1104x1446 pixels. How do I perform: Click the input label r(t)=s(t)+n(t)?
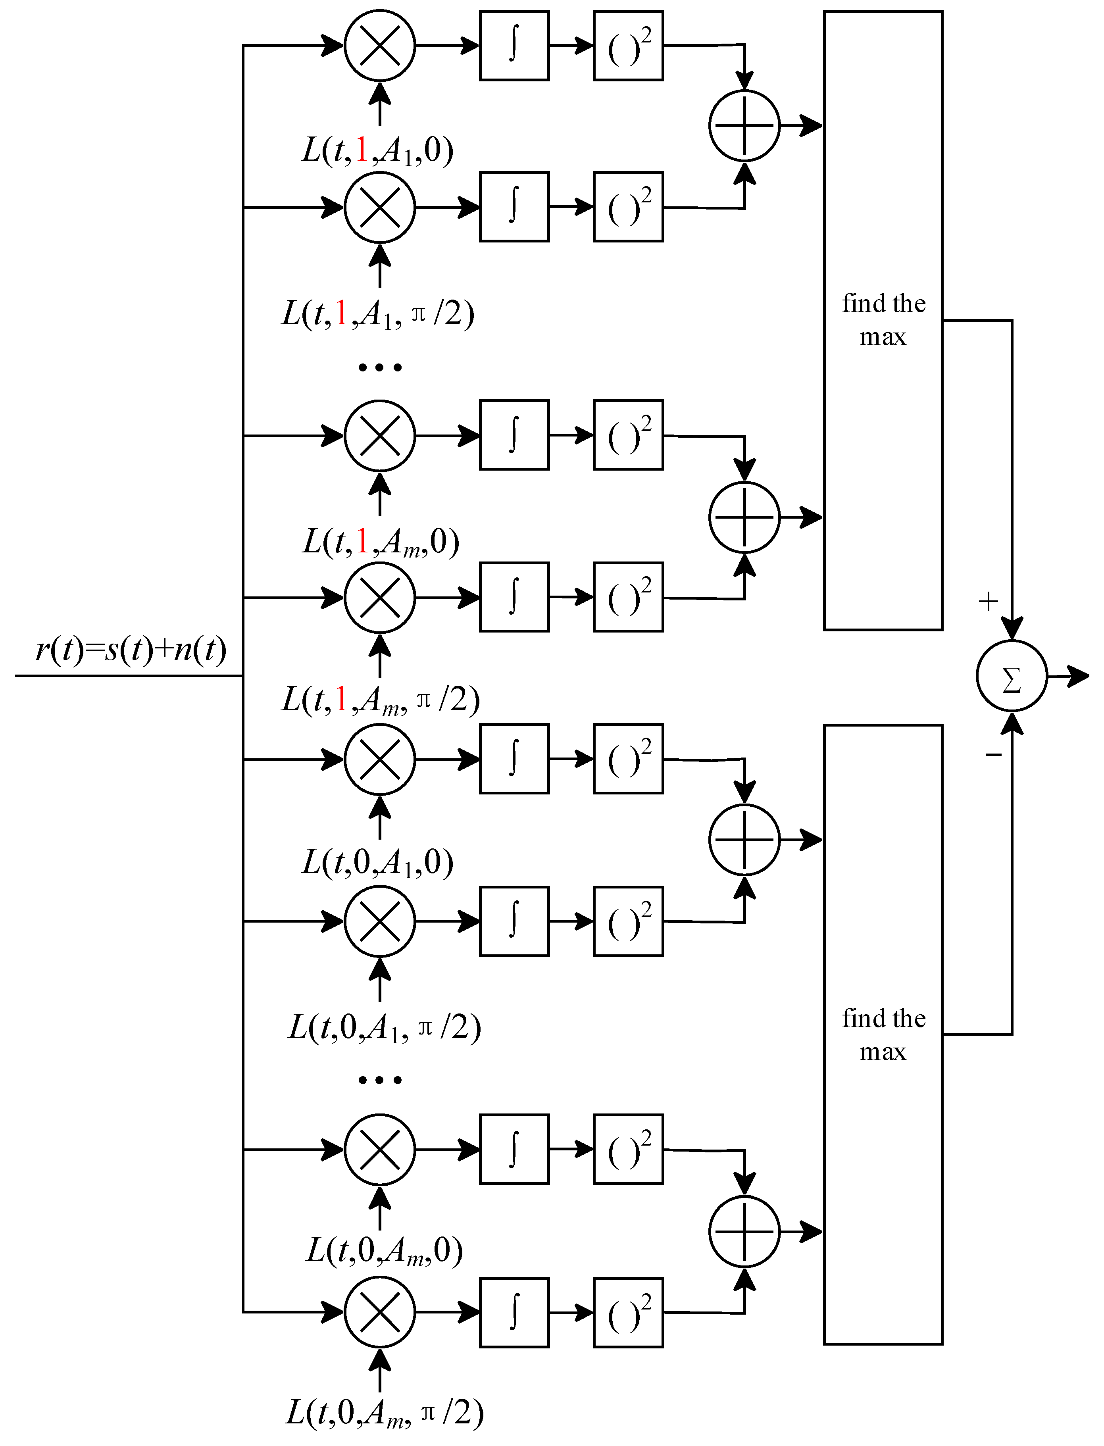(x=131, y=649)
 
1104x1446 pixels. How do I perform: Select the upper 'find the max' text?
(x=883, y=320)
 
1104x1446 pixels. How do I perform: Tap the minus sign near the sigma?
(x=993, y=755)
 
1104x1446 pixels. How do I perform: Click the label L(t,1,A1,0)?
(x=378, y=150)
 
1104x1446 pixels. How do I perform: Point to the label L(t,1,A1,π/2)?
(x=378, y=313)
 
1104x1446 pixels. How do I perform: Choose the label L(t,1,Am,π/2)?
(x=380, y=700)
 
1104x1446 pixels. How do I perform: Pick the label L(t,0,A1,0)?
(x=378, y=863)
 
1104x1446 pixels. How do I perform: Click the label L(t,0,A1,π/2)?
(x=384, y=1027)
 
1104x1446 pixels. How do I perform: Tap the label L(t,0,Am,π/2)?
(x=384, y=1413)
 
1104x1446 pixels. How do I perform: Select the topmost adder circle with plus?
(x=744, y=125)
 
